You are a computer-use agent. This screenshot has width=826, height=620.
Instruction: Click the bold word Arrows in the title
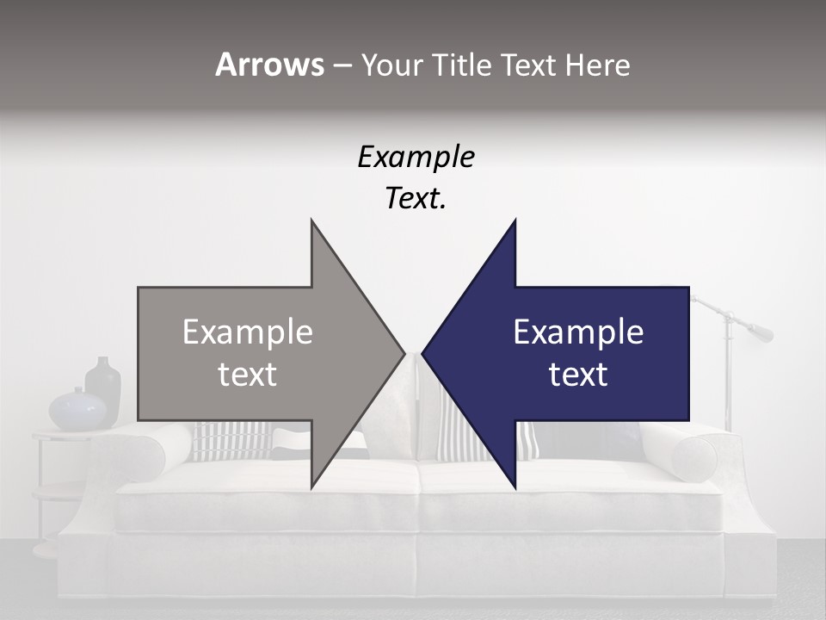[269, 65]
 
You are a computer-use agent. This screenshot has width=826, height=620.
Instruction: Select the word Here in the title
[597, 65]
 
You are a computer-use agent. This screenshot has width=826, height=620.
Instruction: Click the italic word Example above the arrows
[416, 158]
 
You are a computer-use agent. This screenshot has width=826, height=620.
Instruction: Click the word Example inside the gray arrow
[248, 332]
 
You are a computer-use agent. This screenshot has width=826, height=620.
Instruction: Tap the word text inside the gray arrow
[248, 375]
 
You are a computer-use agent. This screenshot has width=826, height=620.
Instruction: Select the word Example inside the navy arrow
[578, 332]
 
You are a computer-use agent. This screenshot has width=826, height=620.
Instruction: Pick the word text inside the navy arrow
[578, 375]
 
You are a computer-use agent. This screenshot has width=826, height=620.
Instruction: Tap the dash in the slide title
[342, 65]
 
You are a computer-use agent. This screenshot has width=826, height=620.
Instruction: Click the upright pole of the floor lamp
[728, 379]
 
